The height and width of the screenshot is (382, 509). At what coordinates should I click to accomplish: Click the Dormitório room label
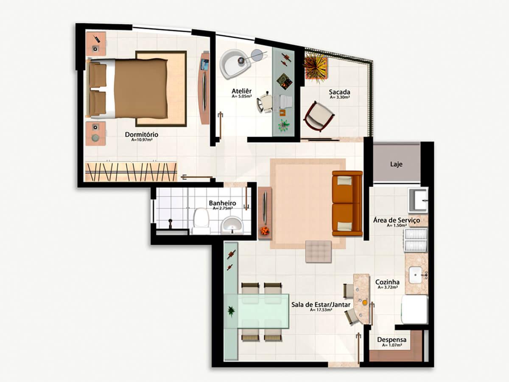coord(141,135)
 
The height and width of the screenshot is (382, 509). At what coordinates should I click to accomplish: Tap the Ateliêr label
coord(242,91)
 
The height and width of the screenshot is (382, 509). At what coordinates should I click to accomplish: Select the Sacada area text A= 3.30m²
coord(340,98)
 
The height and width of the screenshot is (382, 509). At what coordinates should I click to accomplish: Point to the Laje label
coord(396,164)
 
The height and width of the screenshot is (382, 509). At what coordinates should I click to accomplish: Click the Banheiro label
coord(222,203)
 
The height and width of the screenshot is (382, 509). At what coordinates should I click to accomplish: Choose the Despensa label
coord(392,340)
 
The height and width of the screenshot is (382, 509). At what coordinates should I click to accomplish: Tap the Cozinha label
coord(387,282)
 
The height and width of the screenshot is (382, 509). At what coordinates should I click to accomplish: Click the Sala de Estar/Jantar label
coord(321,304)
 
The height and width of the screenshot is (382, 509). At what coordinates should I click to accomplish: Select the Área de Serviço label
coord(397,220)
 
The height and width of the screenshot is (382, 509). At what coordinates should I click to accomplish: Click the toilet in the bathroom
coord(201,221)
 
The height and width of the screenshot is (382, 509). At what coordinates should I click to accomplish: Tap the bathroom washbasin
coord(232,225)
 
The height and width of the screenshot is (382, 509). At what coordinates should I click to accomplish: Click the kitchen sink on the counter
coord(415,275)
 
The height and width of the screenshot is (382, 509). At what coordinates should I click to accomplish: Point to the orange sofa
coord(347,203)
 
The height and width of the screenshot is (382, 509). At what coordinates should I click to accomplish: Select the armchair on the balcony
coord(319,116)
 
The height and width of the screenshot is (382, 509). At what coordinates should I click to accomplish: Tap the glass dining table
coord(257,311)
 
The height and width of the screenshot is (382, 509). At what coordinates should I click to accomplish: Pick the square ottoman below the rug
coord(319,252)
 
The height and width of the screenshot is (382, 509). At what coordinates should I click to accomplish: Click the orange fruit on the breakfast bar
coord(365,302)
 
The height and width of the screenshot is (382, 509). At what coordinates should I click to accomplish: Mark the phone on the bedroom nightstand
coord(97,39)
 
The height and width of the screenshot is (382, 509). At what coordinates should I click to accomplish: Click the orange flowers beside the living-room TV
coord(265,230)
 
